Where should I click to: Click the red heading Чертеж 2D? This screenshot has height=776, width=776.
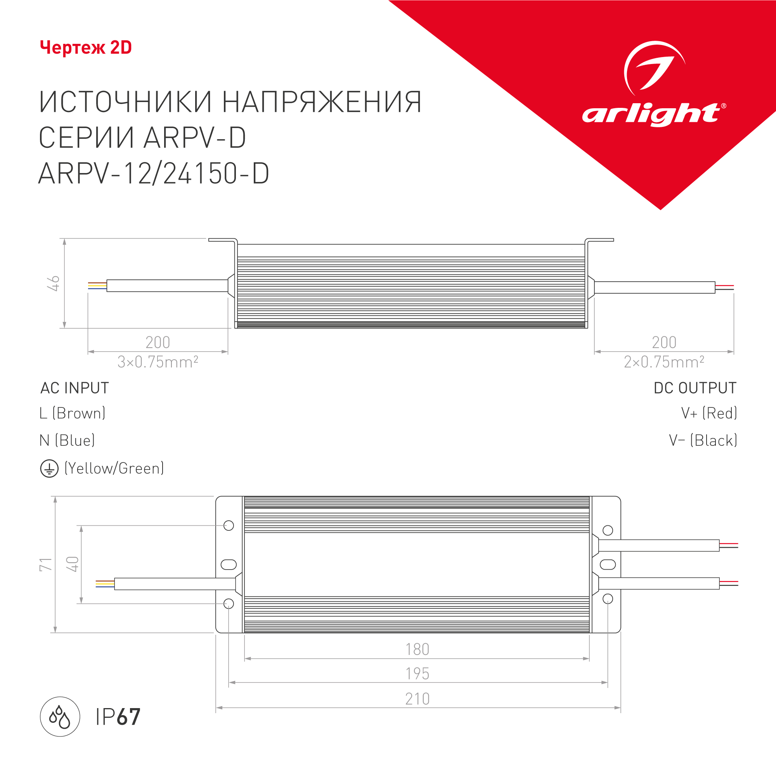point(85,48)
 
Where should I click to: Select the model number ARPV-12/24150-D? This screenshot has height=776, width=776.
point(153,173)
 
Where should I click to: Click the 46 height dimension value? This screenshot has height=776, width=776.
point(54,283)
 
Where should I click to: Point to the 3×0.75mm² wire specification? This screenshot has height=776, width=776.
point(158,362)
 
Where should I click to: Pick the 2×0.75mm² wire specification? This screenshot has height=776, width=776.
point(664,362)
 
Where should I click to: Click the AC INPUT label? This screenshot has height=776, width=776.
point(75,388)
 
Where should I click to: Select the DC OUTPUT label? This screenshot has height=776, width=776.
point(695,388)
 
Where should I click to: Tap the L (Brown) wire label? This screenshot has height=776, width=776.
point(72,413)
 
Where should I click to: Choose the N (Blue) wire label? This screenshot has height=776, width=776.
point(67,441)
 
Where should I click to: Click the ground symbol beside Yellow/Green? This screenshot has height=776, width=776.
point(49,468)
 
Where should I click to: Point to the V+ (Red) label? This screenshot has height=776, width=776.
point(709,413)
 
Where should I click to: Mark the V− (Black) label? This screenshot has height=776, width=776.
point(703,441)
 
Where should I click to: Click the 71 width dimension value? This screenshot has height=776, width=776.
point(46,564)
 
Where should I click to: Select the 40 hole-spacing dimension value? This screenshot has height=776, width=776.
point(72,564)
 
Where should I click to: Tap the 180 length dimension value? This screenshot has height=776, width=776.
point(417,650)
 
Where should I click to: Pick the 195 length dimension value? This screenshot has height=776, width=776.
point(417,674)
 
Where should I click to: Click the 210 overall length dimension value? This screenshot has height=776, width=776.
point(417,699)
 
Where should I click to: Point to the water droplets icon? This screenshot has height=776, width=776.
point(60,717)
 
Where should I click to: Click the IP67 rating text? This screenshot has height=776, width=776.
point(118,717)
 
